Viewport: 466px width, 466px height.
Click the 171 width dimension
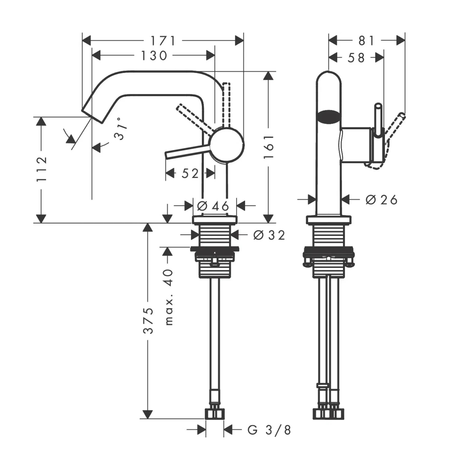[163, 41]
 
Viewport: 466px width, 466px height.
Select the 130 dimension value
[154, 56]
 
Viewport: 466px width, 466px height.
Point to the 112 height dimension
[41, 169]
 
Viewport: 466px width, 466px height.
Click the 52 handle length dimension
[190, 173]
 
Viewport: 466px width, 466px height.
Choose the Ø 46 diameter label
[213, 205]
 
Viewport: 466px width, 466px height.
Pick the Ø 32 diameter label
[269, 235]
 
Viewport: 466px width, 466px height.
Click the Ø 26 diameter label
[381, 199]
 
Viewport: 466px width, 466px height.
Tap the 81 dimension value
[367, 41]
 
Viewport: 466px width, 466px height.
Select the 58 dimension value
[356, 58]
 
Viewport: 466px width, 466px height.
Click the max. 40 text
[168, 297]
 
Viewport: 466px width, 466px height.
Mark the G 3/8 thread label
[269, 430]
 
